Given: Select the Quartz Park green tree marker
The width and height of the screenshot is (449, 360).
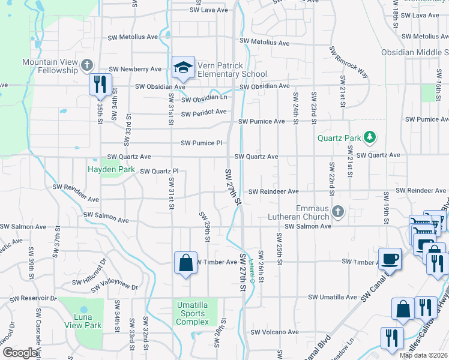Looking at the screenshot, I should click(370, 138).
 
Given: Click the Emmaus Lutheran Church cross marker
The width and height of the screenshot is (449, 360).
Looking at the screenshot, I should click(338, 211).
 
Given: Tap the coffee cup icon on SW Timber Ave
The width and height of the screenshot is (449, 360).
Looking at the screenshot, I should click(390, 259).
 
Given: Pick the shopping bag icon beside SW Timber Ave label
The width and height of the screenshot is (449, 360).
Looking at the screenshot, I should click(185, 262).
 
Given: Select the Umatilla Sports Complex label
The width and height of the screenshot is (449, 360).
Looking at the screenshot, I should click(191, 313).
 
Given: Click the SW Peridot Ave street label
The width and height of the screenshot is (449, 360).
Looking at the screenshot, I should click(203, 113).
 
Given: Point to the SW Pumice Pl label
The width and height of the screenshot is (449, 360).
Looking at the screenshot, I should click(202, 143).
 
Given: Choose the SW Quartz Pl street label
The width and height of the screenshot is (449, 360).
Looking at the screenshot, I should click(159, 172).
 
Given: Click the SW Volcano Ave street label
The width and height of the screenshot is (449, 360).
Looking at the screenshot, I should click(274, 332).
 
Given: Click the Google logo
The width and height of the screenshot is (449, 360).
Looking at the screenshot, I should click(20, 353).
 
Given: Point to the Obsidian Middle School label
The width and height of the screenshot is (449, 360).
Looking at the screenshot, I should click(415, 53).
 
